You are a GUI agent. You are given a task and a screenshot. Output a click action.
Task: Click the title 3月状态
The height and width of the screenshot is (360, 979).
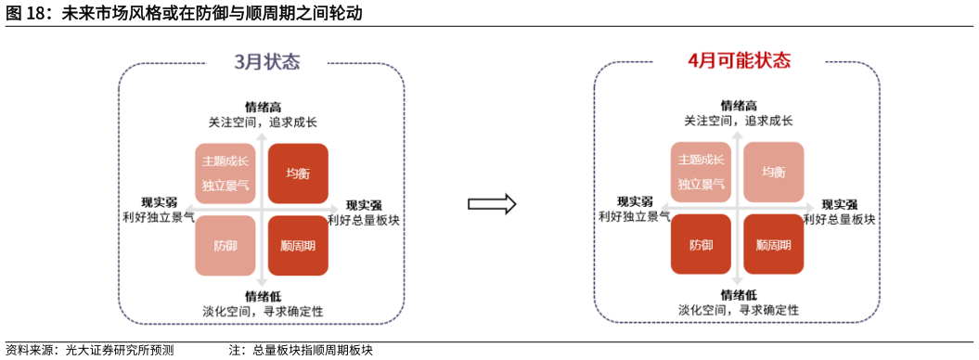pos(267,62)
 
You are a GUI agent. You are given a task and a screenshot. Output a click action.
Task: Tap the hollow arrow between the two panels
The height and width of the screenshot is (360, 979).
pos(491,204)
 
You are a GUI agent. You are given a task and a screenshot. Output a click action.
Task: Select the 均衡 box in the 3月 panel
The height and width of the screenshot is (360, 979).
pos(298,174)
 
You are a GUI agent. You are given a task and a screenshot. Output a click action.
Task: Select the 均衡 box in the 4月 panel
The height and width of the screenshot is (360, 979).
pos(774,173)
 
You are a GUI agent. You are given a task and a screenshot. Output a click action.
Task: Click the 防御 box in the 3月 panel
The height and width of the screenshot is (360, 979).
pos(225,246)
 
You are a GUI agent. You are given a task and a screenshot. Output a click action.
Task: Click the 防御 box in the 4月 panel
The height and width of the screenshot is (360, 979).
pos(702,246)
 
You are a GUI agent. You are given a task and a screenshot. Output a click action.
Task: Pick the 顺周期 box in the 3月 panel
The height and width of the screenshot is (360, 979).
pos(298,246)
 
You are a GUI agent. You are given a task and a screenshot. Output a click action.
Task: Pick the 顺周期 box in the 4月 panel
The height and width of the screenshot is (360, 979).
pos(774,246)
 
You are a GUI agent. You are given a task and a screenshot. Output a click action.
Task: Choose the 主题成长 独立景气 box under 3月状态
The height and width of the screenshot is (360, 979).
pos(225,174)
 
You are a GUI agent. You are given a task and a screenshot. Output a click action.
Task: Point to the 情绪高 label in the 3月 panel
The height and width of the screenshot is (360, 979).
pos(263,107)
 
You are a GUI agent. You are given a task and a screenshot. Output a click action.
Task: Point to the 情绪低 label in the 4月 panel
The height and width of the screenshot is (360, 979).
pos(739,295)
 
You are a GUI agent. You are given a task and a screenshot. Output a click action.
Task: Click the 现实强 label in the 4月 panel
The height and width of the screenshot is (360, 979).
pos(839,204)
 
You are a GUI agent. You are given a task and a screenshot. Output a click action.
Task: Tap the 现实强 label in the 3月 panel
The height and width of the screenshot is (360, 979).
pos(364,204)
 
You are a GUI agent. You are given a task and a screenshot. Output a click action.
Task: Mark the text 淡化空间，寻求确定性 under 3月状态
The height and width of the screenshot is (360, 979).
pos(263,310)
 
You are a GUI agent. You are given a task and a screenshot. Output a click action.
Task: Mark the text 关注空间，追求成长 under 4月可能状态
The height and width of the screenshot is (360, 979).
pos(739,121)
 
